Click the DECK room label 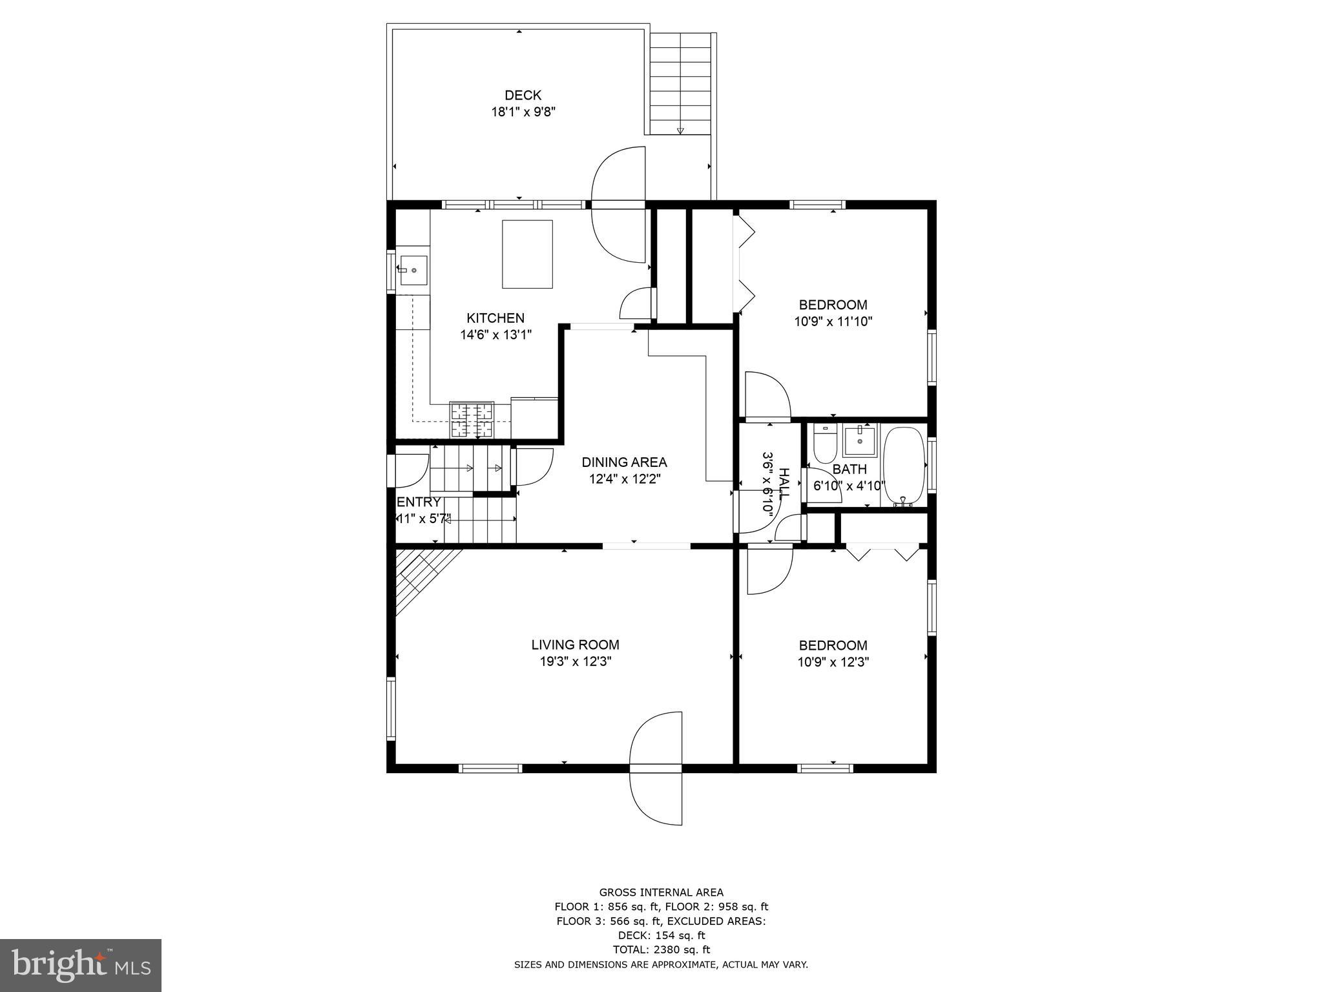tap(523, 96)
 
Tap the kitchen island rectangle tap(527, 254)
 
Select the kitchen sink tap(413, 270)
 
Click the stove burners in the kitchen tap(472, 419)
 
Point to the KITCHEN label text tap(495, 318)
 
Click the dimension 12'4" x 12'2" tap(624, 479)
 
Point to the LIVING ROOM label tap(575, 645)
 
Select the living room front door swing tap(656, 768)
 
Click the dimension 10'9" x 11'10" tap(833, 322)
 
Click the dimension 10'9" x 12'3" tap(833, 662)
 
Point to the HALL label tap(784, 483)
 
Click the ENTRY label tap(419, 502)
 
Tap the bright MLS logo tap(81, 965)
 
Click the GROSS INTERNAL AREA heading tap(661, 893)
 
